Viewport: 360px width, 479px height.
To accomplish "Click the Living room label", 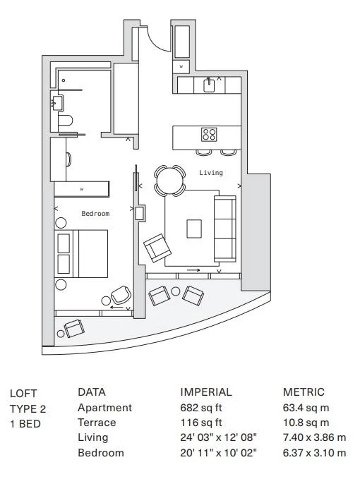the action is pos(211,173).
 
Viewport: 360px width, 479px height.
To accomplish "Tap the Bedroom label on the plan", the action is pos(95,214).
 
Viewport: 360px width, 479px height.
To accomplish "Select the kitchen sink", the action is pos(209,85).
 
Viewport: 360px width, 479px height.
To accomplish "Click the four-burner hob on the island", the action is pos(209,135).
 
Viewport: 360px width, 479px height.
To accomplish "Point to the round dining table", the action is pos(169,180).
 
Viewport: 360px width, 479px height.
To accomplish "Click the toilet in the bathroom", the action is pos(65,121).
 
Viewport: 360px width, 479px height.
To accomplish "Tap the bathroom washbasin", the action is pos(57,103).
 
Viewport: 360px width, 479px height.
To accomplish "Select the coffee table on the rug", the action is pos(194,229).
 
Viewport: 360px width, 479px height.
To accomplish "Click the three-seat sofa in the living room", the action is pos(225,229).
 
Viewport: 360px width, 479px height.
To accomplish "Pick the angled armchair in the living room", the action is pos(157,248).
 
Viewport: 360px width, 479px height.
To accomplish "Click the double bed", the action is pos(81,253).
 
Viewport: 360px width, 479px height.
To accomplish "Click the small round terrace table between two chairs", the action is pos(176,291).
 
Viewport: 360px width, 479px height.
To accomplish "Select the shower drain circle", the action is pos(64,80).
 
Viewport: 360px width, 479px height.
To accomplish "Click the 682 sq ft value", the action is pos(200,408).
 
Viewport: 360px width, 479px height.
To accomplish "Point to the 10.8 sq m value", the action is pos(306,423).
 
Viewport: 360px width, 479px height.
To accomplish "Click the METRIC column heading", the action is pos(304,392).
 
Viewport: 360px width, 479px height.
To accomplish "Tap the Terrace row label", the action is pos(97,423).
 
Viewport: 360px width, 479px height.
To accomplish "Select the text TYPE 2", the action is pos(28,408).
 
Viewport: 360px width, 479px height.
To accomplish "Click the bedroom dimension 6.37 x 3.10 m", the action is pos(314,453).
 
